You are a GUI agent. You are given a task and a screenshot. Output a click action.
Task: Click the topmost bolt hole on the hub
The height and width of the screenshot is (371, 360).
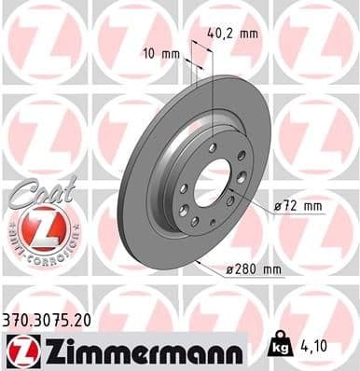pos(213,147)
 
